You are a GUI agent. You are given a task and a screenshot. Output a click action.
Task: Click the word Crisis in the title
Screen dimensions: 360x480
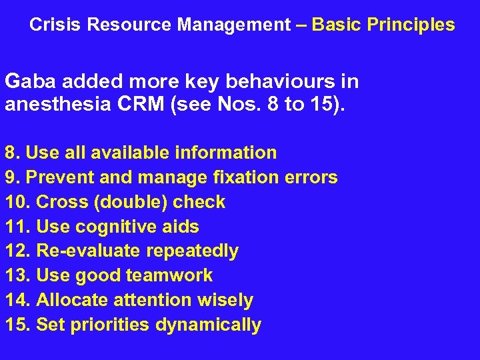click(x=56, y=25)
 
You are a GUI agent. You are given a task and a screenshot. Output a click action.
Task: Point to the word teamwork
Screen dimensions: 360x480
click(x=172, y=276)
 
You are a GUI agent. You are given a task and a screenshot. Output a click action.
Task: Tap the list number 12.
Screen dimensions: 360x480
click(x=17, y=251)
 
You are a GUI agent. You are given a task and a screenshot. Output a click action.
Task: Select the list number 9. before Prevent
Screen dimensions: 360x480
click(x=11, y=177)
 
